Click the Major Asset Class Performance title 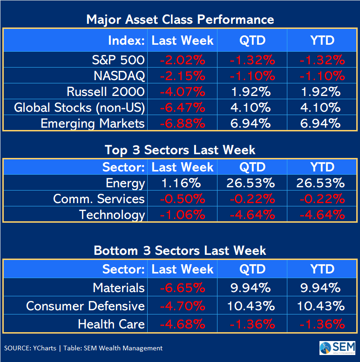click(x=180, y=20)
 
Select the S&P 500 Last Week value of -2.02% click(x=182, y=60)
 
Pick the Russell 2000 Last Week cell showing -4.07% click(x=182, y=92)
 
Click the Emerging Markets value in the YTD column click(x=322, y=123)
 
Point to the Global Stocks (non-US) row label click(x=80, y=108)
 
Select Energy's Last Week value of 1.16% click(x=182, y=183)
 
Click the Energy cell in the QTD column click(x=252, y=183)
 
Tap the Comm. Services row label click(x=99, y=199)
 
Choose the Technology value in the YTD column click(x=322, y=215)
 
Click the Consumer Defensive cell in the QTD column click(x=252, y=306)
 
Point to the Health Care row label click(x=111, y=324)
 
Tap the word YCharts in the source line click(x=45, y=348)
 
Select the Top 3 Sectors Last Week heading click(x=180, y=150)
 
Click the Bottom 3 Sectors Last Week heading click(x=180, y=250)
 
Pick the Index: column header click(x=126, y=41)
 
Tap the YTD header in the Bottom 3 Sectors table click(x=322, y=269)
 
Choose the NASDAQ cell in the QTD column click(x=252, y=76)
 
